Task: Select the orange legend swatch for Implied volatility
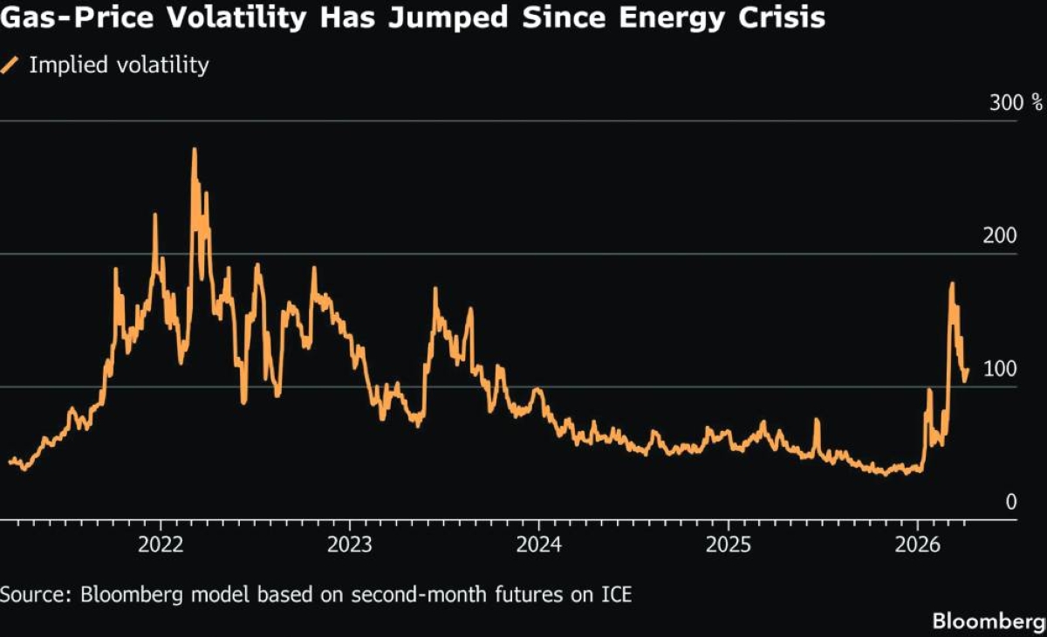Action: point(11,65)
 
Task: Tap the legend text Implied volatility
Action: point(120,65)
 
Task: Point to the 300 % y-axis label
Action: point(1016,103)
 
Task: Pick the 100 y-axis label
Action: point(1002,369)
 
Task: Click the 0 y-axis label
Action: point(1010,502)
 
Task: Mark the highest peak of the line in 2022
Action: point(195,149)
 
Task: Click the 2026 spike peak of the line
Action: point(952,284)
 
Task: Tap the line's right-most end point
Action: point(967,370)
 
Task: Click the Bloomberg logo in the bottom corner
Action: point(989,621)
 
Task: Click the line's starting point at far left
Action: point(10,462)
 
